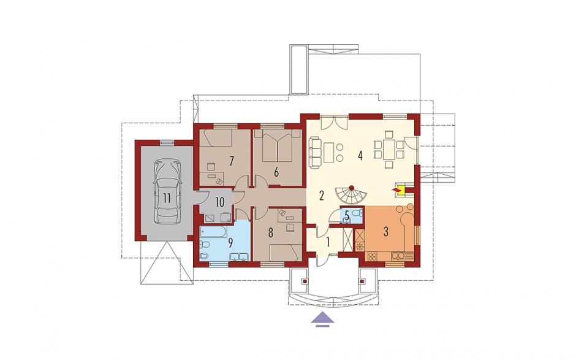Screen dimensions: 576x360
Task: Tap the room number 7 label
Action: pyautogui.click(x=232, y=161)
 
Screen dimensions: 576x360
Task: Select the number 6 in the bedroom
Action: pyautogui.click(x=276, y=172)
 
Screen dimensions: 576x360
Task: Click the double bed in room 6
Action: pyautogui.click(x=278, y=147)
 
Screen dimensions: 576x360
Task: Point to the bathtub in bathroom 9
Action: pyautogui.click(x=213, y=232)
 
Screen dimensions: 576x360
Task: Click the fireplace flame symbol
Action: pyautogui.click(x=396, y=190)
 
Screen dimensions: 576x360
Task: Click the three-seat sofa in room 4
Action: pyautogui.click(x=315, y=153)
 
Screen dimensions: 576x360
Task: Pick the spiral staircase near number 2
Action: pyautogui.click(x=349, y=197)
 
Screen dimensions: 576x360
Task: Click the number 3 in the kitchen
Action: pyautogui.click(x=385, y=232)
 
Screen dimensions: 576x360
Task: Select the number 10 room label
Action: pyautogui.click(x=219, y=202)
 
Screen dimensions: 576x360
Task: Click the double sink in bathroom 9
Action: pyautogui.click(x=239, y=257)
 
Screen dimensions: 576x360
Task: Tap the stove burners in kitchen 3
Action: pyautogui.click(x=373, y=256)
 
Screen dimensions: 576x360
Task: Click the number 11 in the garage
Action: pyautogui.click(x=167, y=199)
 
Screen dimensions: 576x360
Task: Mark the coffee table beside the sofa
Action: pyautogui.click(x=329, y=153)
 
